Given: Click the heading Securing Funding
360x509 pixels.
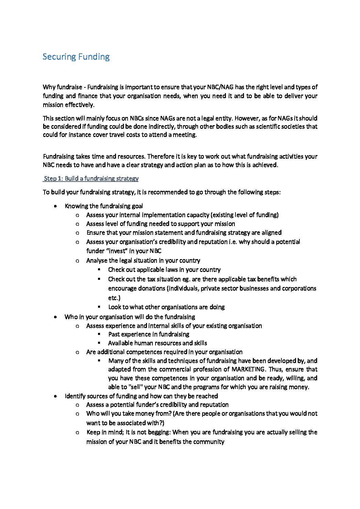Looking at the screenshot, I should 76,57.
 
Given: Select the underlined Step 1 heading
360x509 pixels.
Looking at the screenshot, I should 91,179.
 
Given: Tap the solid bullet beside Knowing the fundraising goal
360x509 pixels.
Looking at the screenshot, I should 55,206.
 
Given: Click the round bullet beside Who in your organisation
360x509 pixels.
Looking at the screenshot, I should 55,317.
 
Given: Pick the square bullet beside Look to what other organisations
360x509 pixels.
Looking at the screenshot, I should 99,307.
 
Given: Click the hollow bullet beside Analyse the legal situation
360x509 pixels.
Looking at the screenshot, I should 78,261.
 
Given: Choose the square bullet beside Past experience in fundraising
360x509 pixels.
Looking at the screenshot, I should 99,334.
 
